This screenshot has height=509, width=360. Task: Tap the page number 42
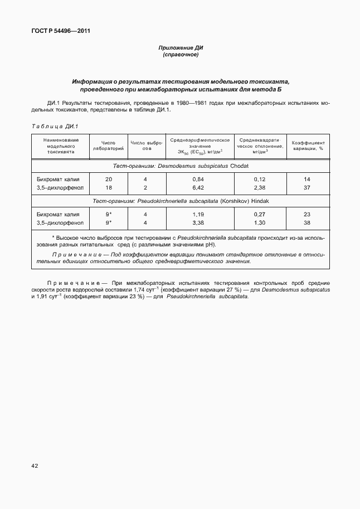coord(35,464)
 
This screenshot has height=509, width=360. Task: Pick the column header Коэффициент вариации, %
coord(307,146)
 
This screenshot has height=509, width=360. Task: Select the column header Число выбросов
coord(146,146)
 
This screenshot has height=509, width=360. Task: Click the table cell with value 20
coord(109,179)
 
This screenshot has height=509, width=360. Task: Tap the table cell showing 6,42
coord(198,188)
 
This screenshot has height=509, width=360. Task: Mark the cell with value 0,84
coord(198,179)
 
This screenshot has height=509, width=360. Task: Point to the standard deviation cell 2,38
coord(260,188)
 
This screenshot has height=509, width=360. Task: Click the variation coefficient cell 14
coord(307,179)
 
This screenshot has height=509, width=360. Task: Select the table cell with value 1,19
coord(198,214)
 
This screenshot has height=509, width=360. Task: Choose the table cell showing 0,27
coord(260,214)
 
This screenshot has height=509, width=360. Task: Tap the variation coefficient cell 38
coord(307,223)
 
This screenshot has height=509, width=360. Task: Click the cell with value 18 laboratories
coord(109,188)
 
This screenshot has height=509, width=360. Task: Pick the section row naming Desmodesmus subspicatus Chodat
coord(180,166)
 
